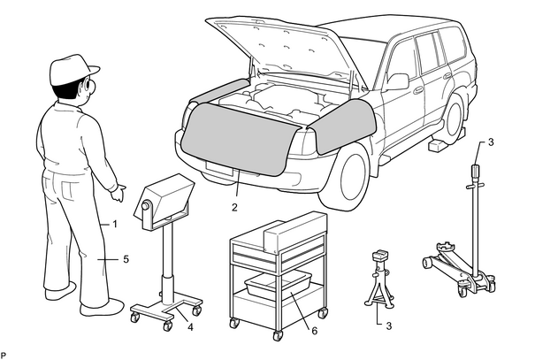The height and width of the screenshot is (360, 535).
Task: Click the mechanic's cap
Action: pyautogui.click(x=72, y=69)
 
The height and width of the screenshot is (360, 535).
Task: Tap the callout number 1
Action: pyautogui.click(x=115, y=224)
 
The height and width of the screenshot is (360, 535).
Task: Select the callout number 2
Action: pyautogui.click(x=234, y=207)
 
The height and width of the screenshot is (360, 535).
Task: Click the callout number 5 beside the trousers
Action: pyautogui.click(x=126, y=259)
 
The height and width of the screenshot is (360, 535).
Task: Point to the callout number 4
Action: pyautogui.click(x=190, y=327)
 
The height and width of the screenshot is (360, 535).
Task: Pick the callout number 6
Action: pyautogui.click(x=314, y=330)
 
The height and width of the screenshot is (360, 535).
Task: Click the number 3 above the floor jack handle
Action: pyautogui.click(x=491, y=142)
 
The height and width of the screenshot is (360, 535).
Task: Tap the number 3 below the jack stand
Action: pyautogui.click(x=388, y=326)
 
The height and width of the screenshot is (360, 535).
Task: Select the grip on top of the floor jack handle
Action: pyautogui.click(x=475, y=171)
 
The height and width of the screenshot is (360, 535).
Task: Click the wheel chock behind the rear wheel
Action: pyautogui.click(x=438, y=145)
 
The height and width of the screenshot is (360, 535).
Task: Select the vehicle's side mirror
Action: pyautogui.click(x=398, y=82)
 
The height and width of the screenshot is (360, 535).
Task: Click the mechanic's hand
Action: pyautogui.click(x=118, y=192)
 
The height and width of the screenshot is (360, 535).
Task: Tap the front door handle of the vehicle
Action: pyautogui.click(x=418, y=90)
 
